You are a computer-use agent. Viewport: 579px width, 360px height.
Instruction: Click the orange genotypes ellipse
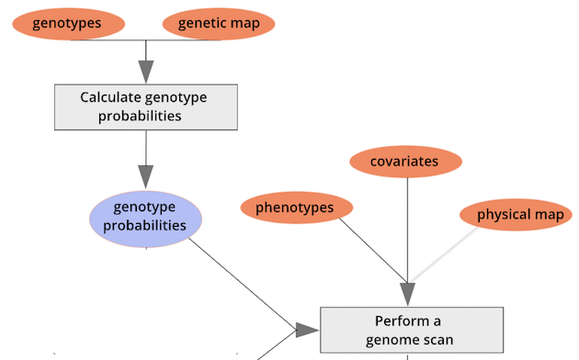(x=67, y=23)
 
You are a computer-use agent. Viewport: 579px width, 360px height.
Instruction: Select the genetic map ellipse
(x=219, y=23)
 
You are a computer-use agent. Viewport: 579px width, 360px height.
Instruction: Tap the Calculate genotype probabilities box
(x=146, y=107)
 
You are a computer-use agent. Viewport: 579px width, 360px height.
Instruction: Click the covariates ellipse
(x=405, y=163)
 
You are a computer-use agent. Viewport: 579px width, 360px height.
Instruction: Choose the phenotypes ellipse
(x=295, y=208)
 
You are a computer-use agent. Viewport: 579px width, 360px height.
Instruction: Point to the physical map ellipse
(x=519, y=215)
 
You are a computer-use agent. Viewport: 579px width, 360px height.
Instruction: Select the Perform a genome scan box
(x=411, y=330)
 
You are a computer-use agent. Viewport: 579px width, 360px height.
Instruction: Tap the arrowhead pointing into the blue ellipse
(x=145, y=176)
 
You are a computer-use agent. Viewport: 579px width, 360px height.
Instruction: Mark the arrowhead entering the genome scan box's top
(x=407, y=294)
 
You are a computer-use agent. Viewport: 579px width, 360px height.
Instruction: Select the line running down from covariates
(x=407, y=230)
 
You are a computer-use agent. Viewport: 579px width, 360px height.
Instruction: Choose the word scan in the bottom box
(x=438, y=340)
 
